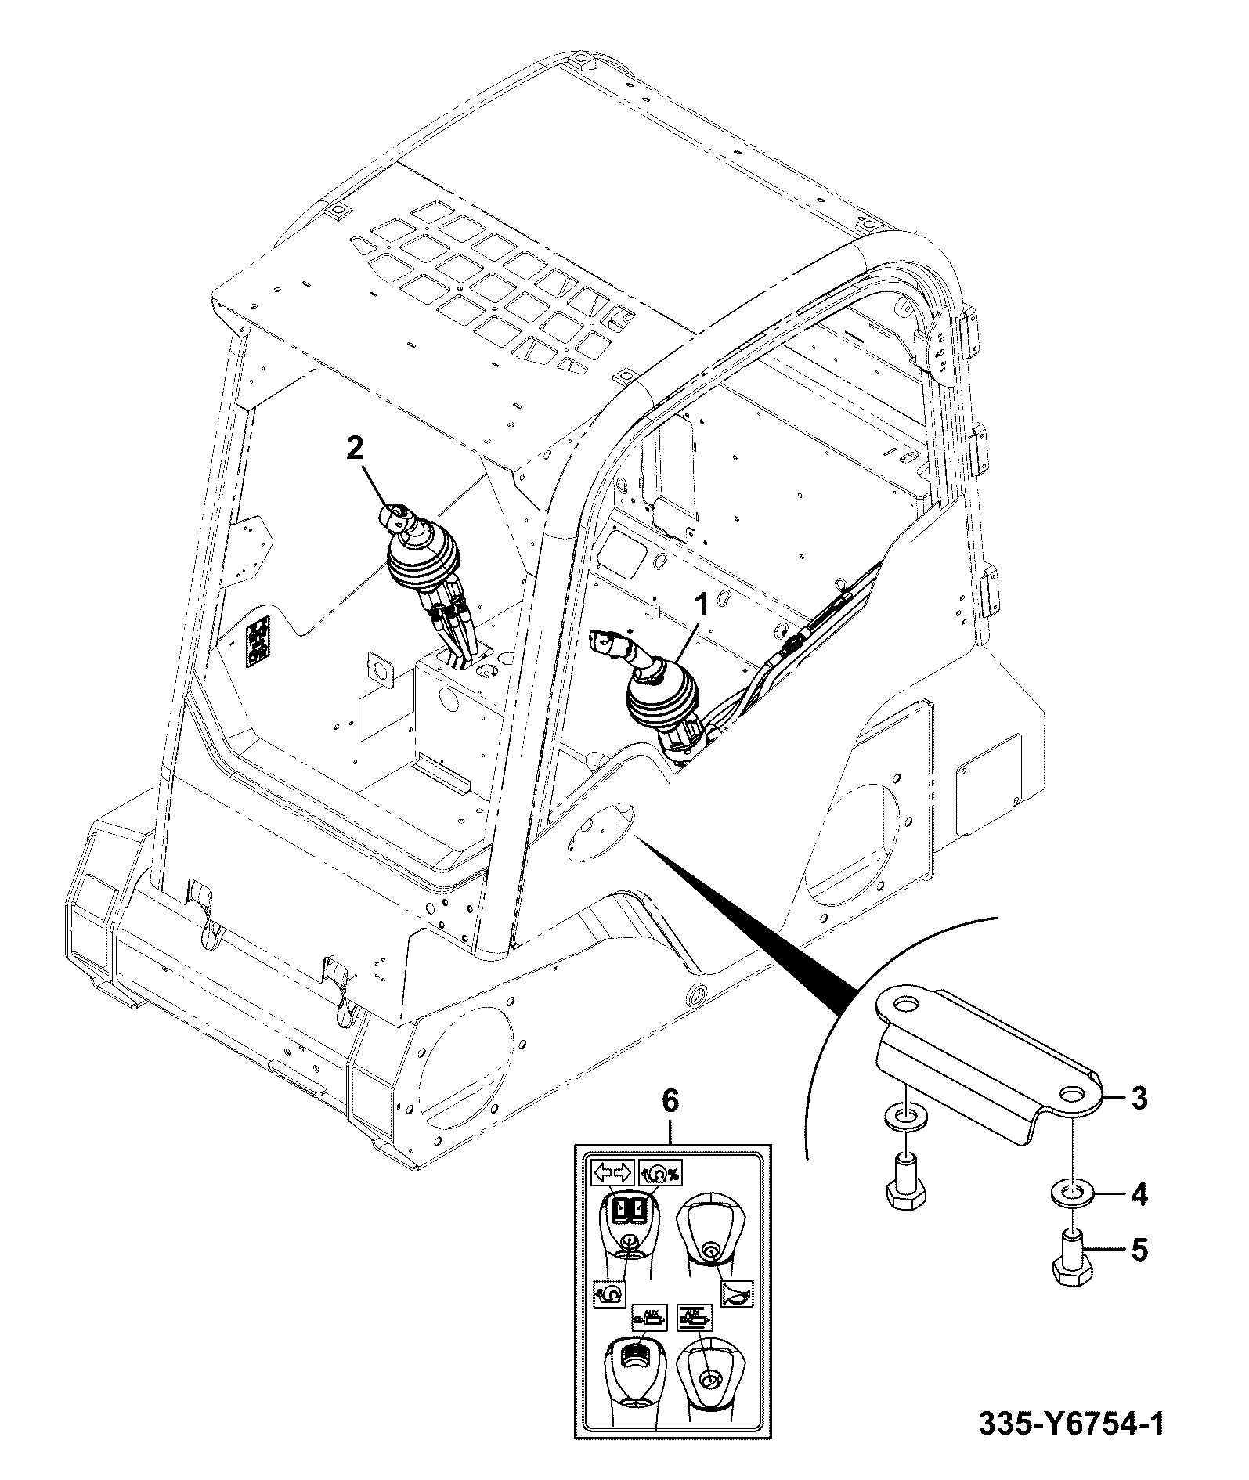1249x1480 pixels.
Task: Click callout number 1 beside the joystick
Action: (x=702, y=605)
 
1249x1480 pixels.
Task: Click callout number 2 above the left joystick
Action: (x=354, y=449)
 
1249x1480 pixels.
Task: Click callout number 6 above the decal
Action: (x=670, y=1100)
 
